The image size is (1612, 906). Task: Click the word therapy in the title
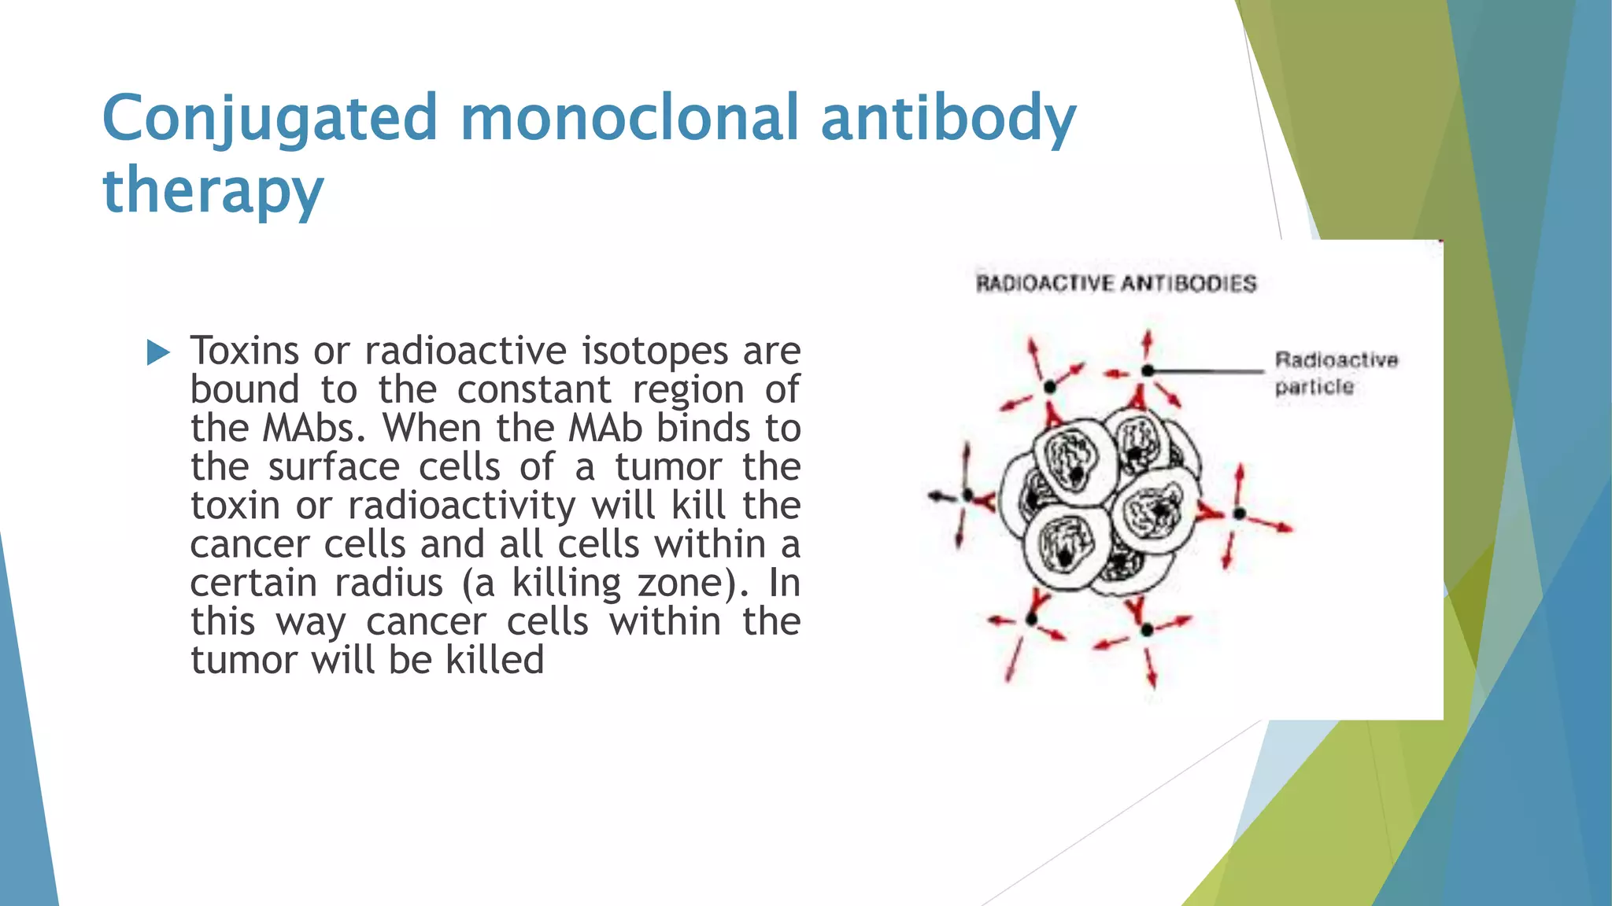[x=213, y=192]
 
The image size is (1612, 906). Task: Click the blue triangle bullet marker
[x=158, y=352]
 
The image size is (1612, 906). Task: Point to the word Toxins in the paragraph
[x=245, y=351]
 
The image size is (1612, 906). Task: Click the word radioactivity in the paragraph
[x=461, y=506]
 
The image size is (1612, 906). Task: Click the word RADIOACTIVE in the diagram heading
[x=1044, y=284]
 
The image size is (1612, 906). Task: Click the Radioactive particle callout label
[x=1336, y=373]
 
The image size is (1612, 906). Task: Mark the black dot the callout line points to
[x=1148, y=370]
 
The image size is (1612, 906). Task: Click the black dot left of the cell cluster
[x=968, y=496]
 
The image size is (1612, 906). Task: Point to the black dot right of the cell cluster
[x=1239, y=514]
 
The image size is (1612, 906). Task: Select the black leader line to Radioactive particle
[x=1208, y=370]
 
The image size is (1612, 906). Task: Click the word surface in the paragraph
[x=334, y=467]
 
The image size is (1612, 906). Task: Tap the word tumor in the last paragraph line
[x=241, y=660]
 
